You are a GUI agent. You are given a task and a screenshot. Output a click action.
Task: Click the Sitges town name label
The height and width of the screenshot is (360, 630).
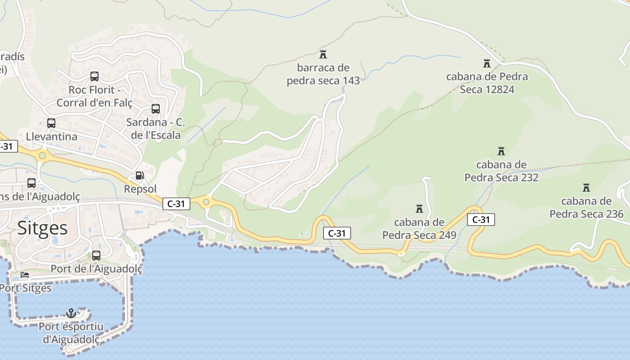click(43, 228)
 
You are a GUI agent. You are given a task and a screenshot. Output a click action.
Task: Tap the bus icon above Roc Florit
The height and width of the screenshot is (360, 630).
click(94, 76)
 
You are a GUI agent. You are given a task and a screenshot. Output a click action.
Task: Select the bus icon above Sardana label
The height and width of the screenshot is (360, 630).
click(155, 109)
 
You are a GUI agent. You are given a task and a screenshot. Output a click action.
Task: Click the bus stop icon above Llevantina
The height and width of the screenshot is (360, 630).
click(51, 123)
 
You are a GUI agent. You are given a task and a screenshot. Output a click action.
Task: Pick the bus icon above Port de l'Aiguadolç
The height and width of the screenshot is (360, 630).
click(96, 256)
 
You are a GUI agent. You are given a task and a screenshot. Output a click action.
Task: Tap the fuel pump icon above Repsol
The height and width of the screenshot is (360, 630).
click(140, 175)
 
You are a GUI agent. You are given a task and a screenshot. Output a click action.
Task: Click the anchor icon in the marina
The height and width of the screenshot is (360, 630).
click(71, 313)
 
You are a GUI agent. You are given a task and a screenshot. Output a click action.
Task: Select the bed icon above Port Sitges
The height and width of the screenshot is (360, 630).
click(25, 275)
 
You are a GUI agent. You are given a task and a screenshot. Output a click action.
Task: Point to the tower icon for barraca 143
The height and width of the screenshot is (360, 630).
click(323, 54)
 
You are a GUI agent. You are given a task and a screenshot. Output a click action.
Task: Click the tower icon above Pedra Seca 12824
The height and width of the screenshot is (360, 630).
click(486, 63)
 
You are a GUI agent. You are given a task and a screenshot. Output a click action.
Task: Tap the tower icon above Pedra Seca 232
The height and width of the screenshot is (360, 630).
click(501, 151)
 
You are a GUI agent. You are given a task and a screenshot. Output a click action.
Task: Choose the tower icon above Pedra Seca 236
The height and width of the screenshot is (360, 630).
click(586, 187)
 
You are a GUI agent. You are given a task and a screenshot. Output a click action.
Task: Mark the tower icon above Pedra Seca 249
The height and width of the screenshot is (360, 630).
click(419, 208)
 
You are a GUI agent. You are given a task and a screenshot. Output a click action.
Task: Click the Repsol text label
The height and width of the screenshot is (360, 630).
click(140, 189)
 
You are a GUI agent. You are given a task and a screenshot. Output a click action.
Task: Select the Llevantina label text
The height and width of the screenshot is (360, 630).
click(51, 136)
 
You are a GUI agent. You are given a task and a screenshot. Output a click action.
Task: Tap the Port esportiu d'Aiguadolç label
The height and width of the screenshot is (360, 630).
click(71, 333)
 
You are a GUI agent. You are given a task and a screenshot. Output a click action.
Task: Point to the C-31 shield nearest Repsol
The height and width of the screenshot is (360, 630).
click(176, 204)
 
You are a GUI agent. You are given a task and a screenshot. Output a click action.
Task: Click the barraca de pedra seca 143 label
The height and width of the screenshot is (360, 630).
click(323, 74)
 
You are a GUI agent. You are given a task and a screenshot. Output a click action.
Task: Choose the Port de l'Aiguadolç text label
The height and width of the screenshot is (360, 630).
click(96, 269)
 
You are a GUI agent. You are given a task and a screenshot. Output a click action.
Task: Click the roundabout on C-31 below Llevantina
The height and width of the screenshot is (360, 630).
click(42, 156)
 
